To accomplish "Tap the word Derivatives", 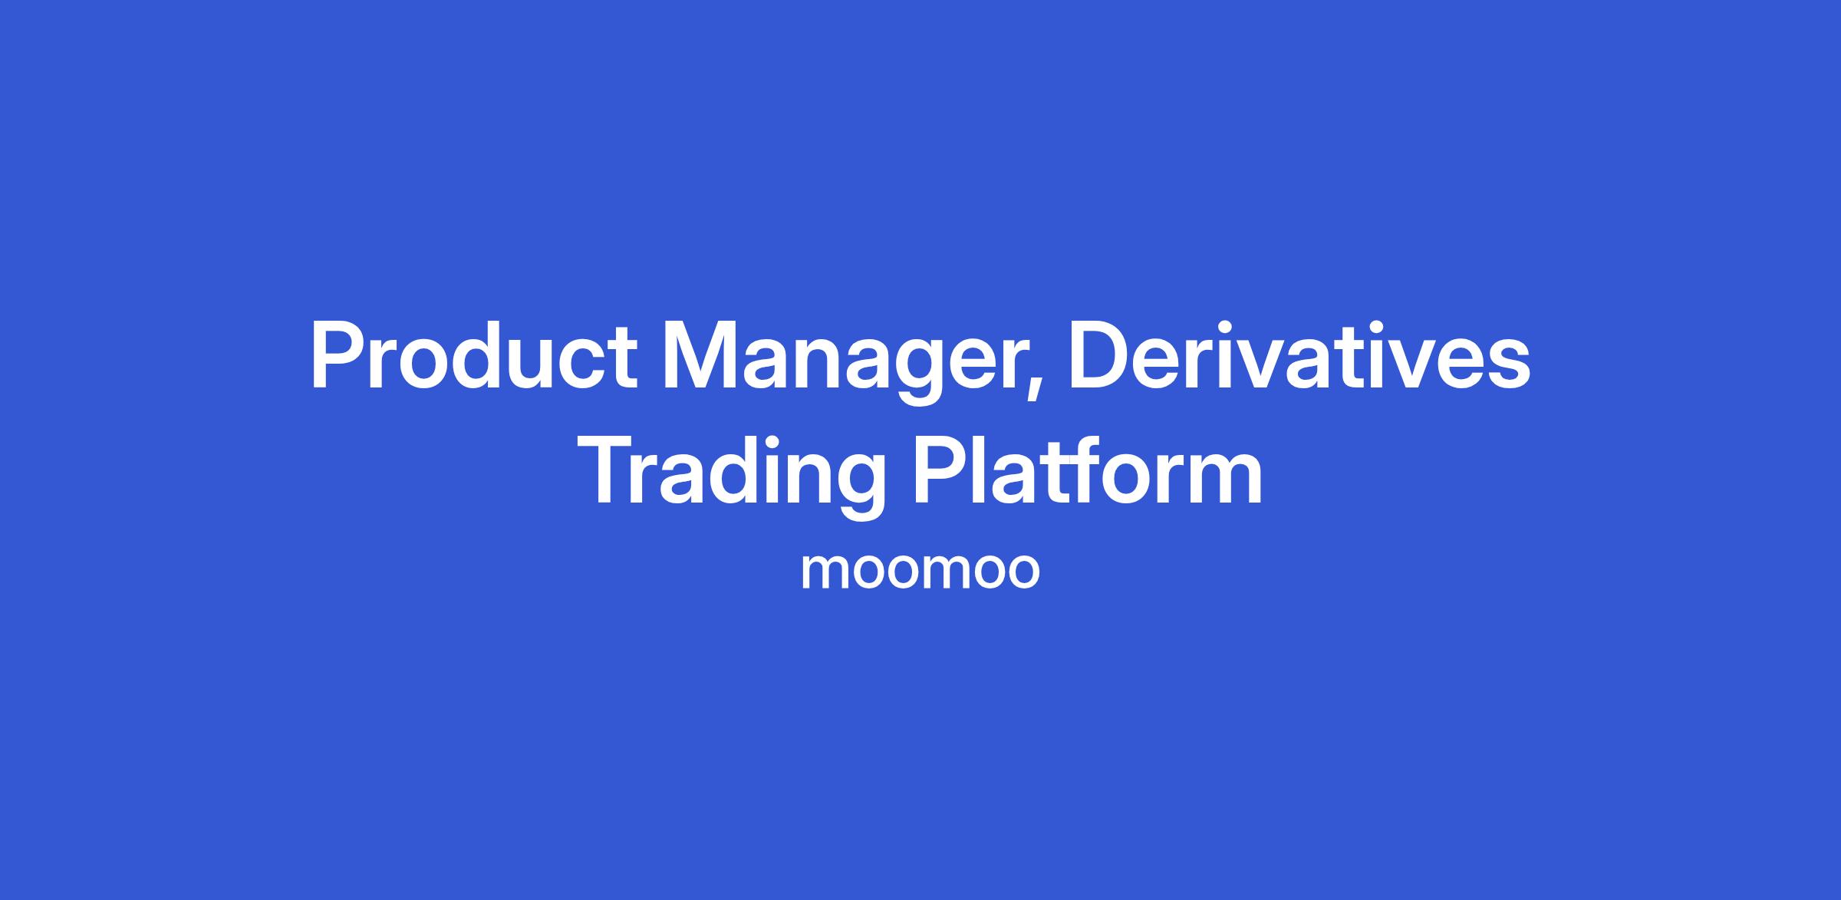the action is tap(1299, 357).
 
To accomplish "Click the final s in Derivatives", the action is tap(1507, 366).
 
